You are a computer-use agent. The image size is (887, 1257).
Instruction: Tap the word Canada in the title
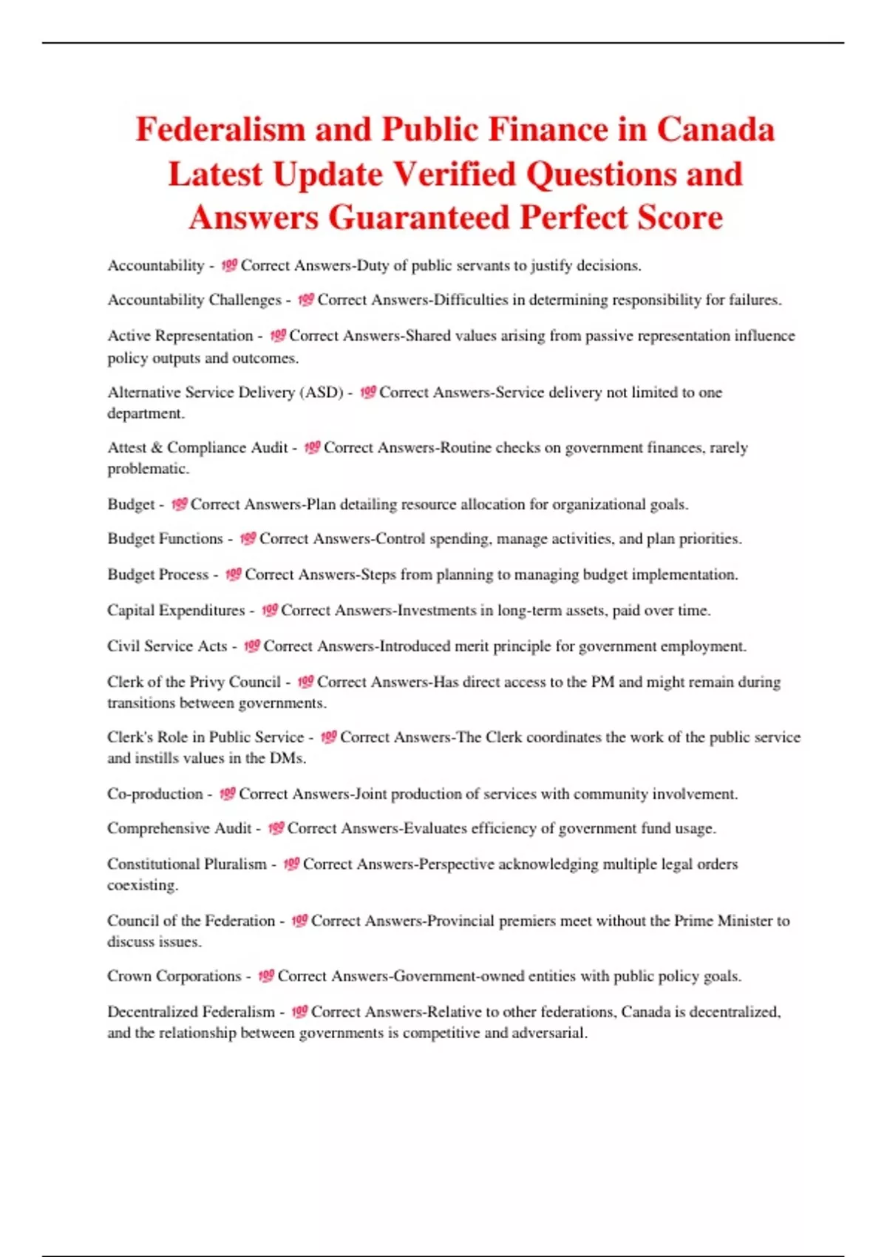[x=715, y=130]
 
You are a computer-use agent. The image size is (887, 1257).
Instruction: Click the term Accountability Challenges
[x=194, y=300]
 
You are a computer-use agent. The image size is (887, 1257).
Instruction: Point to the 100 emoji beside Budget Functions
[x=248, y=539]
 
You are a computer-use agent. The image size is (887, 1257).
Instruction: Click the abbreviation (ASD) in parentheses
[x=322, y=393]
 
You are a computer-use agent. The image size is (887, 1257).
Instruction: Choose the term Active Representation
[x=180, y=336]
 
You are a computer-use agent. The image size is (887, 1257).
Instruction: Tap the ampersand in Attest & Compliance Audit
[x=157, y=448]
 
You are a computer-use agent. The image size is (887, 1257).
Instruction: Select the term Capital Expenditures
[x=176, y=611]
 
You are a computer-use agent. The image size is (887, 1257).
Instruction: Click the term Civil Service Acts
[x=167, y=646]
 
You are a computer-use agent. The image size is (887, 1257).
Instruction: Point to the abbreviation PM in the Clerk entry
[x=602, y=682]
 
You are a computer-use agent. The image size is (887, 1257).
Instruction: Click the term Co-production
[x=154, y=794]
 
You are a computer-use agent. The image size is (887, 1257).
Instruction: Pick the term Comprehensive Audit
[x=180, y=829]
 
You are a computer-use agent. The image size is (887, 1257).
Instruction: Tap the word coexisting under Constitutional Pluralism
[x=142, y=886]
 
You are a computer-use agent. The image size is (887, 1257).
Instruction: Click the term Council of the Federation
[x=191, y=921]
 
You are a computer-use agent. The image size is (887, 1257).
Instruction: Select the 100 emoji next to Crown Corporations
[x=266, y=977]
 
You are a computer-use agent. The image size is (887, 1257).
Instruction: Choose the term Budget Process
[x=158, y=575]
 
